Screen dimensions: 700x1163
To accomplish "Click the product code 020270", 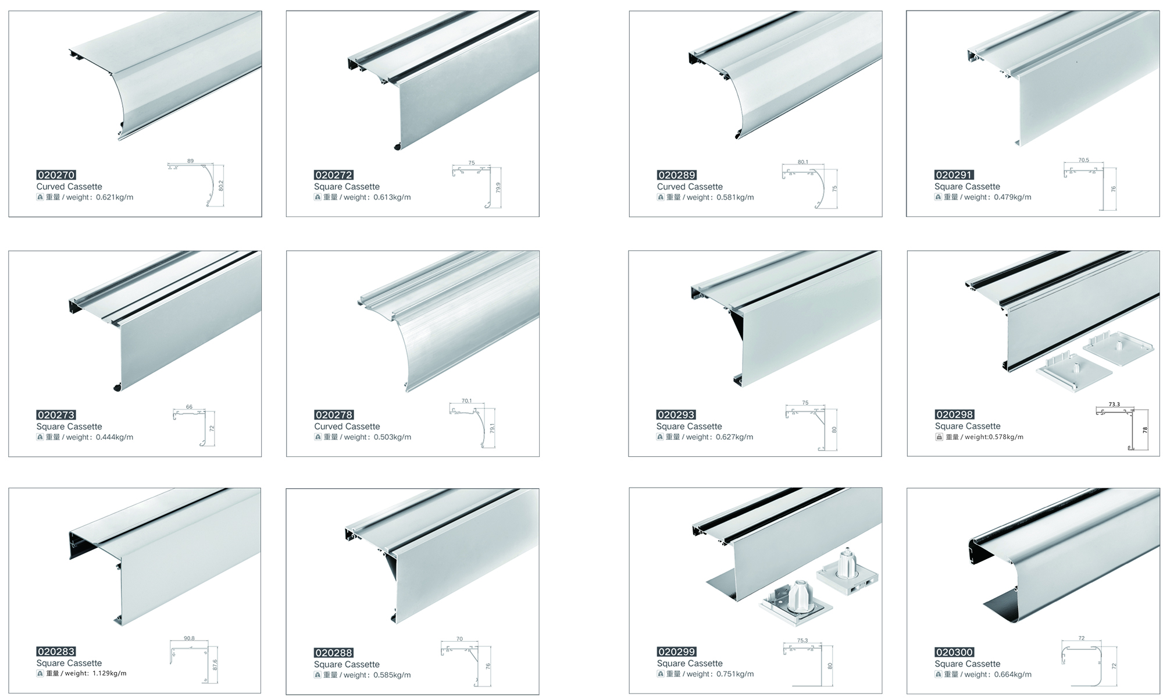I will [56, 175].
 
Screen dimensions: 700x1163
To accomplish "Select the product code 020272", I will [334, 175].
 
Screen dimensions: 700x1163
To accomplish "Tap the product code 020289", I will [676, 175].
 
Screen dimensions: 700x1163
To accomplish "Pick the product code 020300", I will [954, 652].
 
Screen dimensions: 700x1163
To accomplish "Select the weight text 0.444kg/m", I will [115, 437].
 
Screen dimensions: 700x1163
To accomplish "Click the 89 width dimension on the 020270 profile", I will [191, 161].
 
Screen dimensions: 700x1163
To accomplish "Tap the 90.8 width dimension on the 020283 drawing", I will [189, 638].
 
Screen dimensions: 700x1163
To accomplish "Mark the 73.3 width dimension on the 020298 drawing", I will [1114, 404].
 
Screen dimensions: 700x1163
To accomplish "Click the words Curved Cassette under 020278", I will [347, 427].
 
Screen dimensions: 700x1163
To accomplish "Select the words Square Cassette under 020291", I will [967, 187].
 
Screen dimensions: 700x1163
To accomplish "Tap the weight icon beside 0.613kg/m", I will [317, 197].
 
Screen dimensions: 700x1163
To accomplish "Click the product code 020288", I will [334, 653].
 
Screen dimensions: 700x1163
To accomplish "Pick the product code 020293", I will [676, 415].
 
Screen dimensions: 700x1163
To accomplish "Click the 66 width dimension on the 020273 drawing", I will [189, 407].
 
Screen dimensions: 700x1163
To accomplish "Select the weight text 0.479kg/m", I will [1012, 197].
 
